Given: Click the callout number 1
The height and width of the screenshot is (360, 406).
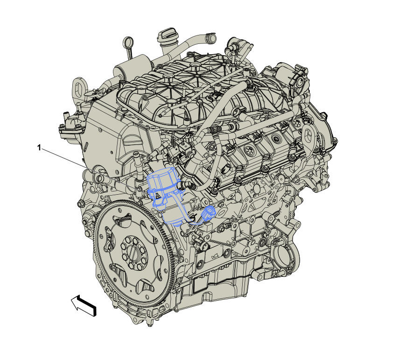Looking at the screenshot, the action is click(x=39, y=148).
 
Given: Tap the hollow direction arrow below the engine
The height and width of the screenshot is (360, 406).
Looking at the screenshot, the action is click(x=84, y=305).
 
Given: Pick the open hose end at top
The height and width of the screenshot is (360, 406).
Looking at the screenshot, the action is click(x=211, y=38).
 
